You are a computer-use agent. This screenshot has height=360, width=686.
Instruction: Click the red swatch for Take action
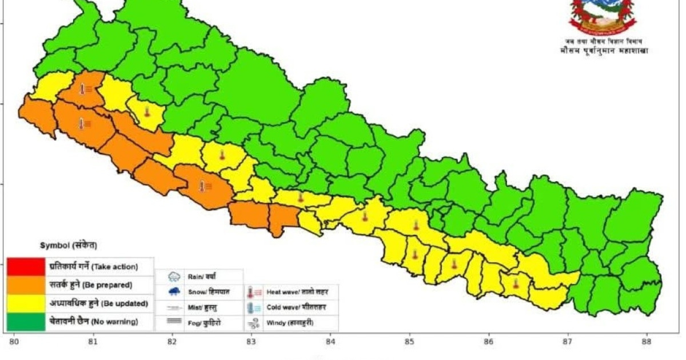26,266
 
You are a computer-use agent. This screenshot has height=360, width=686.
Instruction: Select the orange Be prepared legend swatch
26,284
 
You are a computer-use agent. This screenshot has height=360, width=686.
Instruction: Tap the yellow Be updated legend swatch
26,303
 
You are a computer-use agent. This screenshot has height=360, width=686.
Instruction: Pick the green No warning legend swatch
26,322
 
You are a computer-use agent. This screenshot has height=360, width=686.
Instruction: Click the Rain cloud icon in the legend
173,277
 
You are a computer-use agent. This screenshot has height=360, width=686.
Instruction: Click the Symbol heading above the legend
68,245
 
